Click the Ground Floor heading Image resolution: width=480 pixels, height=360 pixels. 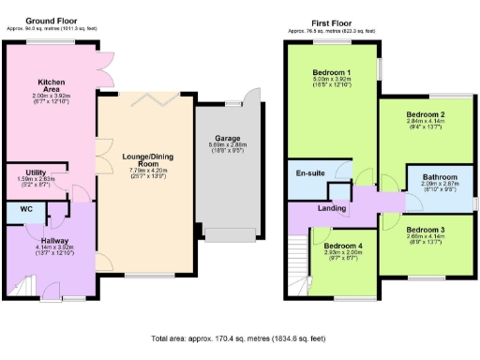click(52, 20)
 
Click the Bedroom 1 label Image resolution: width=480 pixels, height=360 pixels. click(331, 72)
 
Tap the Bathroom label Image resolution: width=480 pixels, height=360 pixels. click(439, 176)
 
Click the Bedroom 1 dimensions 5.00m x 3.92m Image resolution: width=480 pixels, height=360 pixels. click(331, 80)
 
